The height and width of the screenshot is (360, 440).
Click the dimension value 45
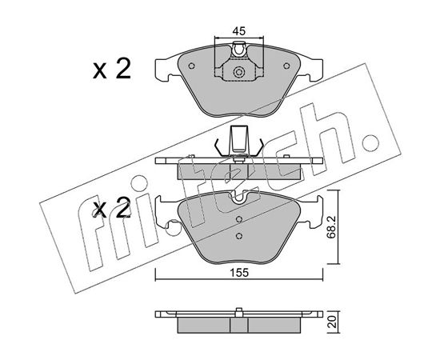(x=239, y=31)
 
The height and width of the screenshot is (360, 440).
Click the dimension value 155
(x=239, y=273)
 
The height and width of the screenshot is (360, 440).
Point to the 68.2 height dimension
(x=331, y=228)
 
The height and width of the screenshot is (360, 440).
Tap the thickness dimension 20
(x=332, y=322)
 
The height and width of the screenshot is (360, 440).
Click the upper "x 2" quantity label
(x=112, y=69)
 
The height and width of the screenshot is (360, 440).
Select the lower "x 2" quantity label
(x=112, y=208)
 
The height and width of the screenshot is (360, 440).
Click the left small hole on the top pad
(x=192, y=66)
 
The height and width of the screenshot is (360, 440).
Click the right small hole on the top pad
(x=286, y=66)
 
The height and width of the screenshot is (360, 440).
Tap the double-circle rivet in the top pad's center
(x=239, y=72)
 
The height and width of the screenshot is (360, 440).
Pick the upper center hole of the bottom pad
(x=239, y=219)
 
